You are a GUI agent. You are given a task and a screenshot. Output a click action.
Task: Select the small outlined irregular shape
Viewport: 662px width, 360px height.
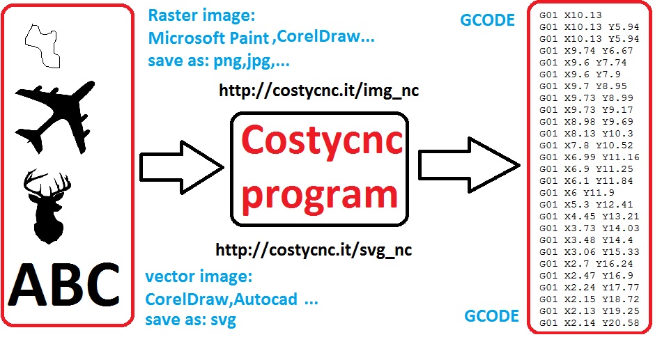coord(43,45)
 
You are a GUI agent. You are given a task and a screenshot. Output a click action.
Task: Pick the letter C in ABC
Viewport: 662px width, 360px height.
coord(100,284)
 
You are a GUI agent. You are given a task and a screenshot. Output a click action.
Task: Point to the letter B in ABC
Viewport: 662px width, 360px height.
coord(66,284)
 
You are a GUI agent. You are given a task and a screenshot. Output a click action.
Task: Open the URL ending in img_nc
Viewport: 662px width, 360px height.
coord(318,91)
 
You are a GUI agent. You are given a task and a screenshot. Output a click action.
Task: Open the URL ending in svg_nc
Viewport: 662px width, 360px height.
coord(314,250)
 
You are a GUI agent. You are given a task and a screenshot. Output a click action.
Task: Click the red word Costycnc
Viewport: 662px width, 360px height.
coord(322,141)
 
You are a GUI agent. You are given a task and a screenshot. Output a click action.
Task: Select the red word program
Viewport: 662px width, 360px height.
coord(320,195)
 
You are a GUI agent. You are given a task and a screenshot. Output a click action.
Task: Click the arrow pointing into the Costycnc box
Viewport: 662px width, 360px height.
coord(182,168)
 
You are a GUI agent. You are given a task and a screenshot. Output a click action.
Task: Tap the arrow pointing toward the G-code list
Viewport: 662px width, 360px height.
coord(469,165)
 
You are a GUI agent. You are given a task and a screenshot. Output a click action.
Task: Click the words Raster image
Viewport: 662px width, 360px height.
coord(202,15)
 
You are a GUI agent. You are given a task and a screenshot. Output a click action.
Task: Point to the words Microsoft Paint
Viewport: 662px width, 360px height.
coord(208,38)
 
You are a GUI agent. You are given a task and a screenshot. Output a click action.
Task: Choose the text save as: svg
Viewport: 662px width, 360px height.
coord(190,320)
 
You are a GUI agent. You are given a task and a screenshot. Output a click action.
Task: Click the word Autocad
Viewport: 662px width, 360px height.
coord(265,299)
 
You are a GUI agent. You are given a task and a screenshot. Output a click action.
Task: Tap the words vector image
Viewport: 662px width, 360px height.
coord(199,277)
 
